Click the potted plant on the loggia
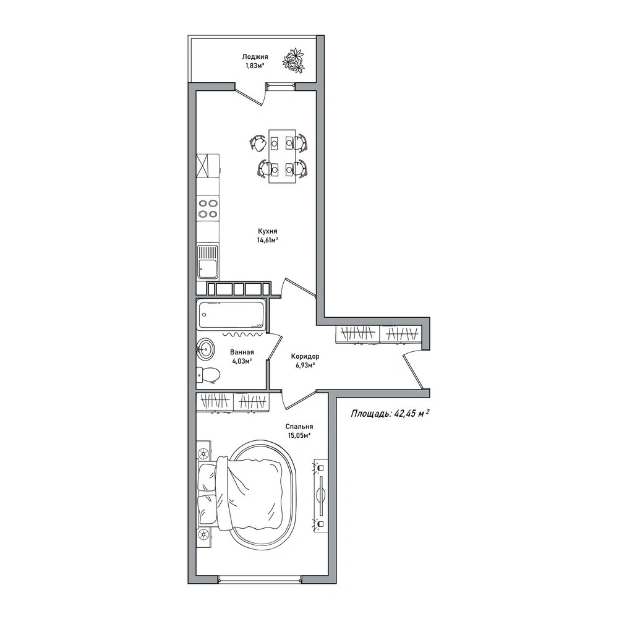[x=294, y=60]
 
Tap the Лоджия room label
[x=255, y=57]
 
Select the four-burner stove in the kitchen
[x=208, y=208]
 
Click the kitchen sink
[x=208, y=262]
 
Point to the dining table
[x=282, y=156]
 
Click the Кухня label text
[x=267, y=231]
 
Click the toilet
[x=208, y=375]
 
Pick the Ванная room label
[x=242, y=352]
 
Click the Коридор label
[x=305, y=356]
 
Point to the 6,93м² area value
[x=305, y=365]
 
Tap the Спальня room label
[x=299, y=426]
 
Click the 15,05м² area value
[x=299, y=435]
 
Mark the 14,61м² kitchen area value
[x=268, y=240]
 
